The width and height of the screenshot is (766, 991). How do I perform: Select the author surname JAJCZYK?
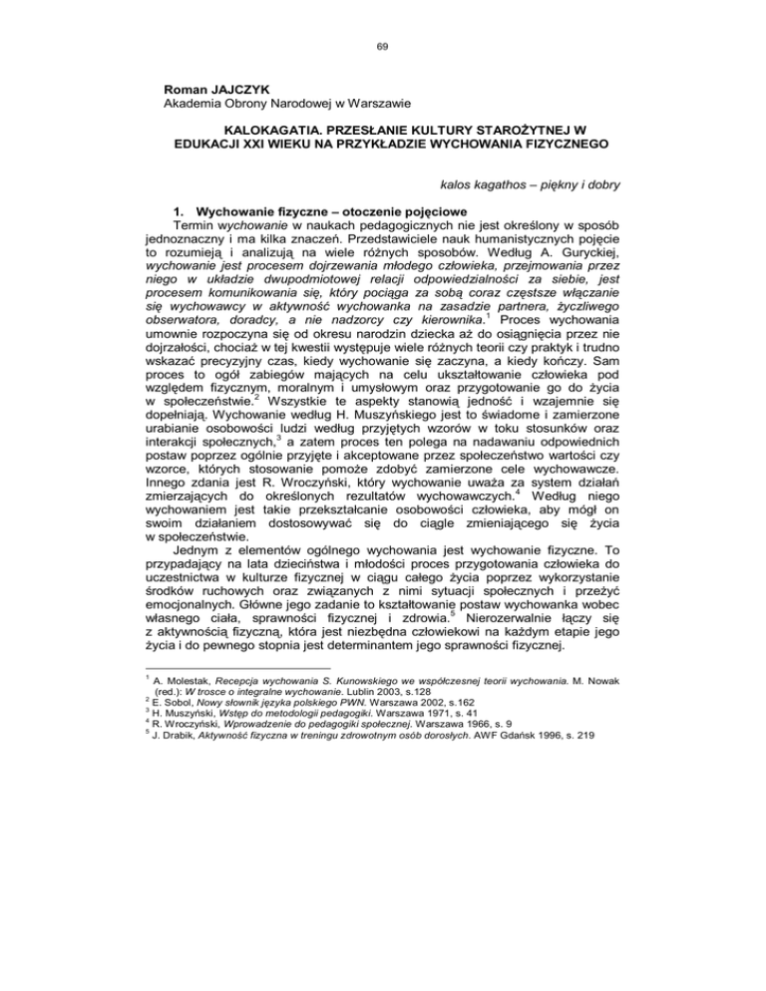coord(218,87)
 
